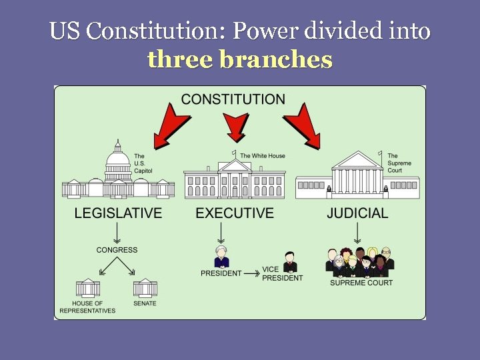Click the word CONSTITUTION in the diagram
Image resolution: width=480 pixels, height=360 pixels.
(233, 99)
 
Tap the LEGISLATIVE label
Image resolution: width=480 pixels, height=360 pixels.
(118, 213)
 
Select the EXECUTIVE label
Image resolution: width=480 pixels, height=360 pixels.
(235, 213)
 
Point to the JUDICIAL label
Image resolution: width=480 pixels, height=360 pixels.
(357, 213)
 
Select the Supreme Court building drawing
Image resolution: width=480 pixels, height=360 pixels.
(357, 177)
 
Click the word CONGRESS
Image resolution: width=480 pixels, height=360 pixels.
(117, 250)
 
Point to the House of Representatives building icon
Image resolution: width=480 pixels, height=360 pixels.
(87, 289)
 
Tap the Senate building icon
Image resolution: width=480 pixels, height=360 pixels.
(145, 289)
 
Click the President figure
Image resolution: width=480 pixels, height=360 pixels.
(221, 257)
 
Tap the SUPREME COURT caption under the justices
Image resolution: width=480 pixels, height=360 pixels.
(361, 283)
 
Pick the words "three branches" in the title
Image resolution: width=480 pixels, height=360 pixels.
(239, 60)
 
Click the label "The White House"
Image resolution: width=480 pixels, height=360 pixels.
(263, 156)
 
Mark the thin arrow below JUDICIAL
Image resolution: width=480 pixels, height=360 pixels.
(358, 233)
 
